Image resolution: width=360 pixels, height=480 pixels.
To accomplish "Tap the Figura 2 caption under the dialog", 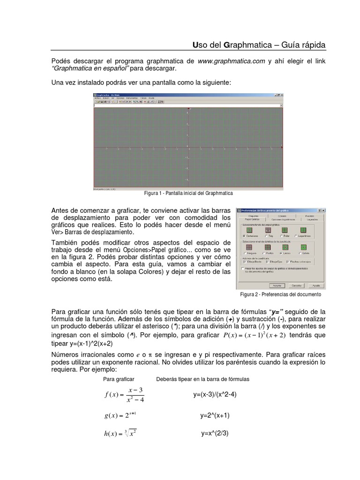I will tap(280, 294).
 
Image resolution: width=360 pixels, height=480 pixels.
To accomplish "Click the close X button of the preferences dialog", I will tap(323, 210).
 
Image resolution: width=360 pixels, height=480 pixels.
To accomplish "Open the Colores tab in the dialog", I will tap(282, 216).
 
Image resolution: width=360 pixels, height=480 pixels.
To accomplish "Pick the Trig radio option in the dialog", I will tap(268, 236).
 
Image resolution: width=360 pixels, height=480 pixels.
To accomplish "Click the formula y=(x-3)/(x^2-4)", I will tap(215, 395).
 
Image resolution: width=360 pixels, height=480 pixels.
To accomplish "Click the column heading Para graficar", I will tap(119, 378).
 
